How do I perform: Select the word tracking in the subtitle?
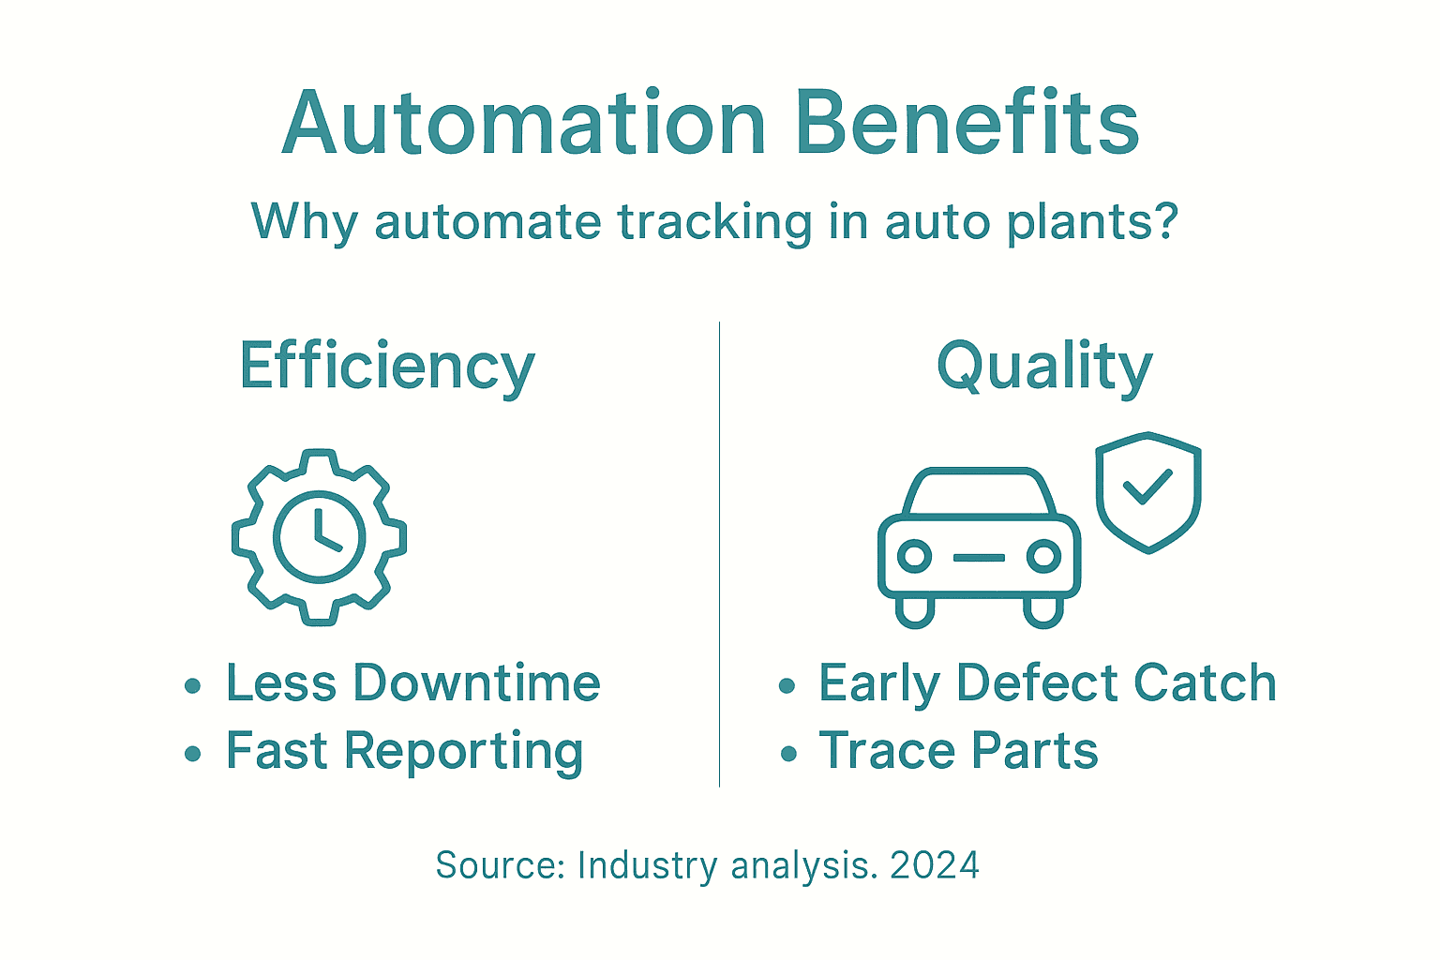pyautogui.click(x=714, y=223)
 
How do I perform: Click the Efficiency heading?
pyautogui.click(x=386, y=367)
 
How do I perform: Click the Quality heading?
pyautogui.click(x=1044, y=367)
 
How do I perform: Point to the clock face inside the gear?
pyautogui.click(x=319, y=537)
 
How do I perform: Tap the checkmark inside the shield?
pyautogui.click(x=1147, y=487)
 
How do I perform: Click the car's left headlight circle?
pyautogui.click(x=914, y=557)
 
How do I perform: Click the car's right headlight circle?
pyautogui.click(x=1042, y=557)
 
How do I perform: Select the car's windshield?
pyautogui.click(x=979, y=493)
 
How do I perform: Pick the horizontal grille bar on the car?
pyautogui.click(x=979, y=558)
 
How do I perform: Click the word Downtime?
pyautogui.click(x=476, y=682)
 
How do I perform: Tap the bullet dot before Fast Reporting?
pyautogui.click(x=193, y=753)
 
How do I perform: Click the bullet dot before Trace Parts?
pyautogui.click(x=788, y=753)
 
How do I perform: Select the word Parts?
pyautogui.click(x=1034, y=751)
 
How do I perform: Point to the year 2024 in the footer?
pyautogui.click(x=935, y=865)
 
